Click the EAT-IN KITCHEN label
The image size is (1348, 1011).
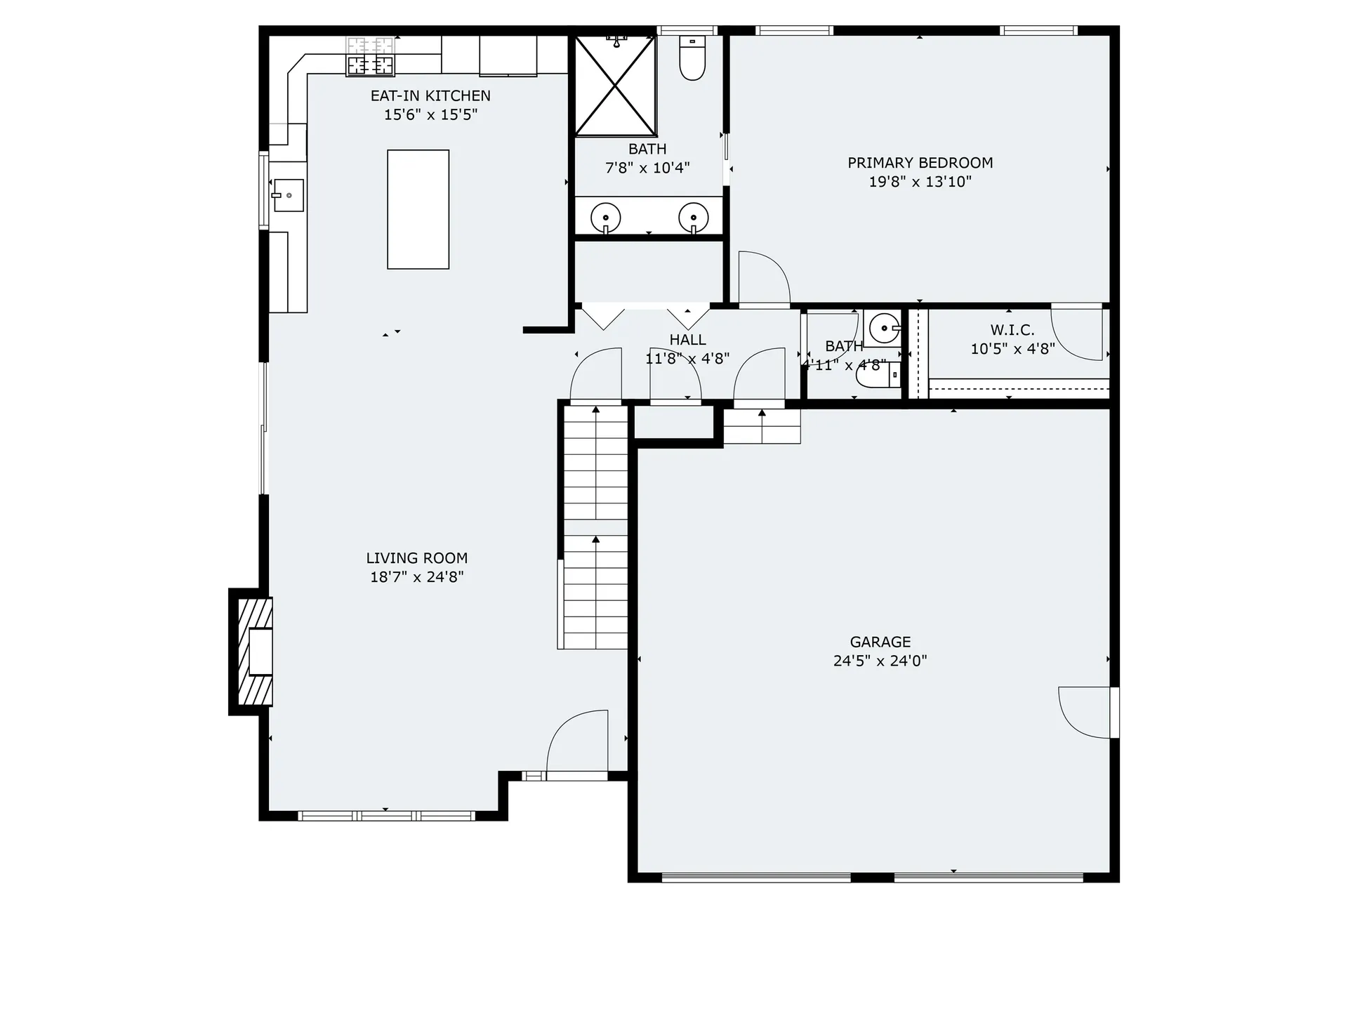[x=430, y=95]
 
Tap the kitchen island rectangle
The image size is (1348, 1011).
[x=418, y=209]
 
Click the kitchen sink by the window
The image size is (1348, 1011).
[x=288, y=195]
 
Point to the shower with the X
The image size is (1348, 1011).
[x=615, y=86]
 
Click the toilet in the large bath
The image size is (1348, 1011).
[x=692, y=59]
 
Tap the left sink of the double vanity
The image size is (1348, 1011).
[x=605, y=217]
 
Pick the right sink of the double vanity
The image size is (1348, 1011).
[x=693, y=217]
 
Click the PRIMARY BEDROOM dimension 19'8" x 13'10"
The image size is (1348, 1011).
[x=920, y=182]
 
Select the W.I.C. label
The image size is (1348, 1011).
[x=1012, y=329]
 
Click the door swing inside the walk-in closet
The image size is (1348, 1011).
[x=1078, y=336]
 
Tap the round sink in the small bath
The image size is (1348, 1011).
[x=883, y=327]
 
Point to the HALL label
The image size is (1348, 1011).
[x=687, y=340]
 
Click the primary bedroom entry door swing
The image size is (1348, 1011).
[x=764, y=279]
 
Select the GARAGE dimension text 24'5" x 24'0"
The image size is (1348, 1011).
[x=880, y=661]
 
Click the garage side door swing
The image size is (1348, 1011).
[x=1085, y=713]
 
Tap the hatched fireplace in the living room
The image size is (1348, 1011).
[x=255, y=652]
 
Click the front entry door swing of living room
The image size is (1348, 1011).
[x=577, y=741]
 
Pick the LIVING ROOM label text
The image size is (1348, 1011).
[x=416, y=558]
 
